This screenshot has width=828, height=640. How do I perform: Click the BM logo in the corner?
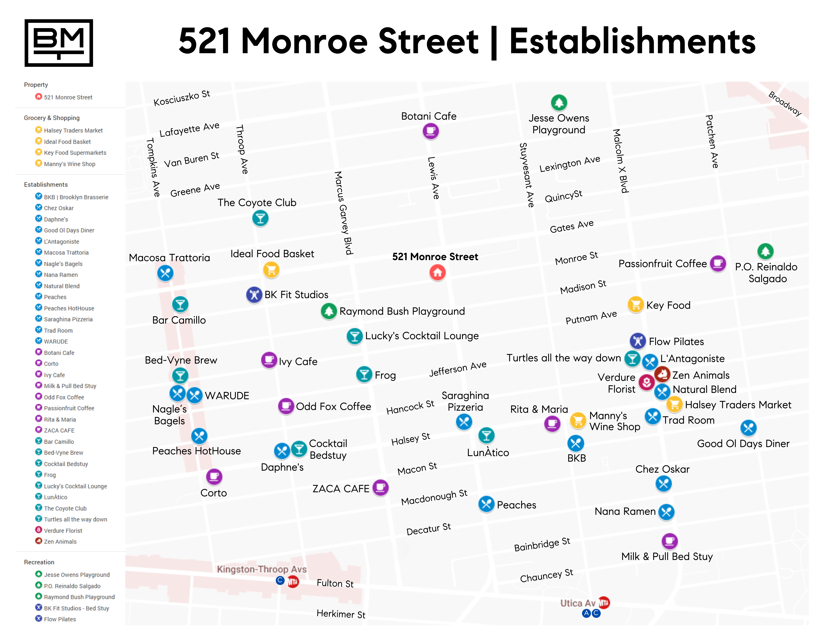tap(59, 43)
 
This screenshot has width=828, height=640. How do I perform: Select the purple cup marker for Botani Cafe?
tap(431, 131)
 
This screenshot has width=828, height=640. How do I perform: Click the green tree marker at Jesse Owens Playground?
tap(559, 102)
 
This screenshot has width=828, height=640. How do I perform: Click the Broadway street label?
tap(785, 103)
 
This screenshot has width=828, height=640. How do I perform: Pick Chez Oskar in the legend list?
tap(59, 208)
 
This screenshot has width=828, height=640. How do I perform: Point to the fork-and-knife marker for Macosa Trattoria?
tap(165, 273)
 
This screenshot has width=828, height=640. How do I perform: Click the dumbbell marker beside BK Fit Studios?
tap(254, 295)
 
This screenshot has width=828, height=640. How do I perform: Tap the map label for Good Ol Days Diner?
tap(743, 444)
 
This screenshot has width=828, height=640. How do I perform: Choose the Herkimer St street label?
tap(341, 614)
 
